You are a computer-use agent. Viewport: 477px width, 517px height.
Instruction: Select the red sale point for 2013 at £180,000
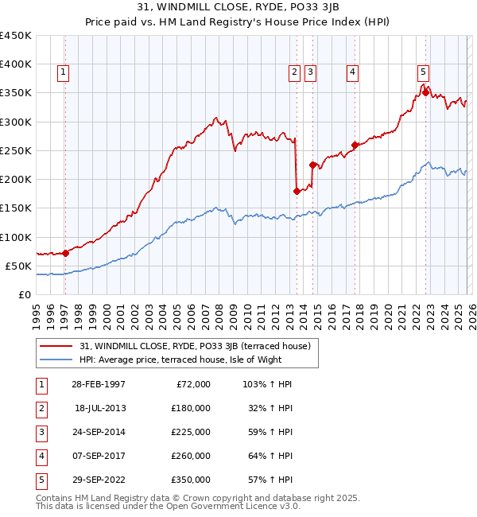297,191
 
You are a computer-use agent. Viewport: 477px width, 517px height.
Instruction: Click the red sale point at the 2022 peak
425,92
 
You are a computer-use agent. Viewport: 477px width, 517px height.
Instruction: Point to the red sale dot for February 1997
65,253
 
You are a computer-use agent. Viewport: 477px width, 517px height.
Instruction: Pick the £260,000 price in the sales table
191,456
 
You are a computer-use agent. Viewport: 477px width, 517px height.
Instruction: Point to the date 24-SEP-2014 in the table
99,432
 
